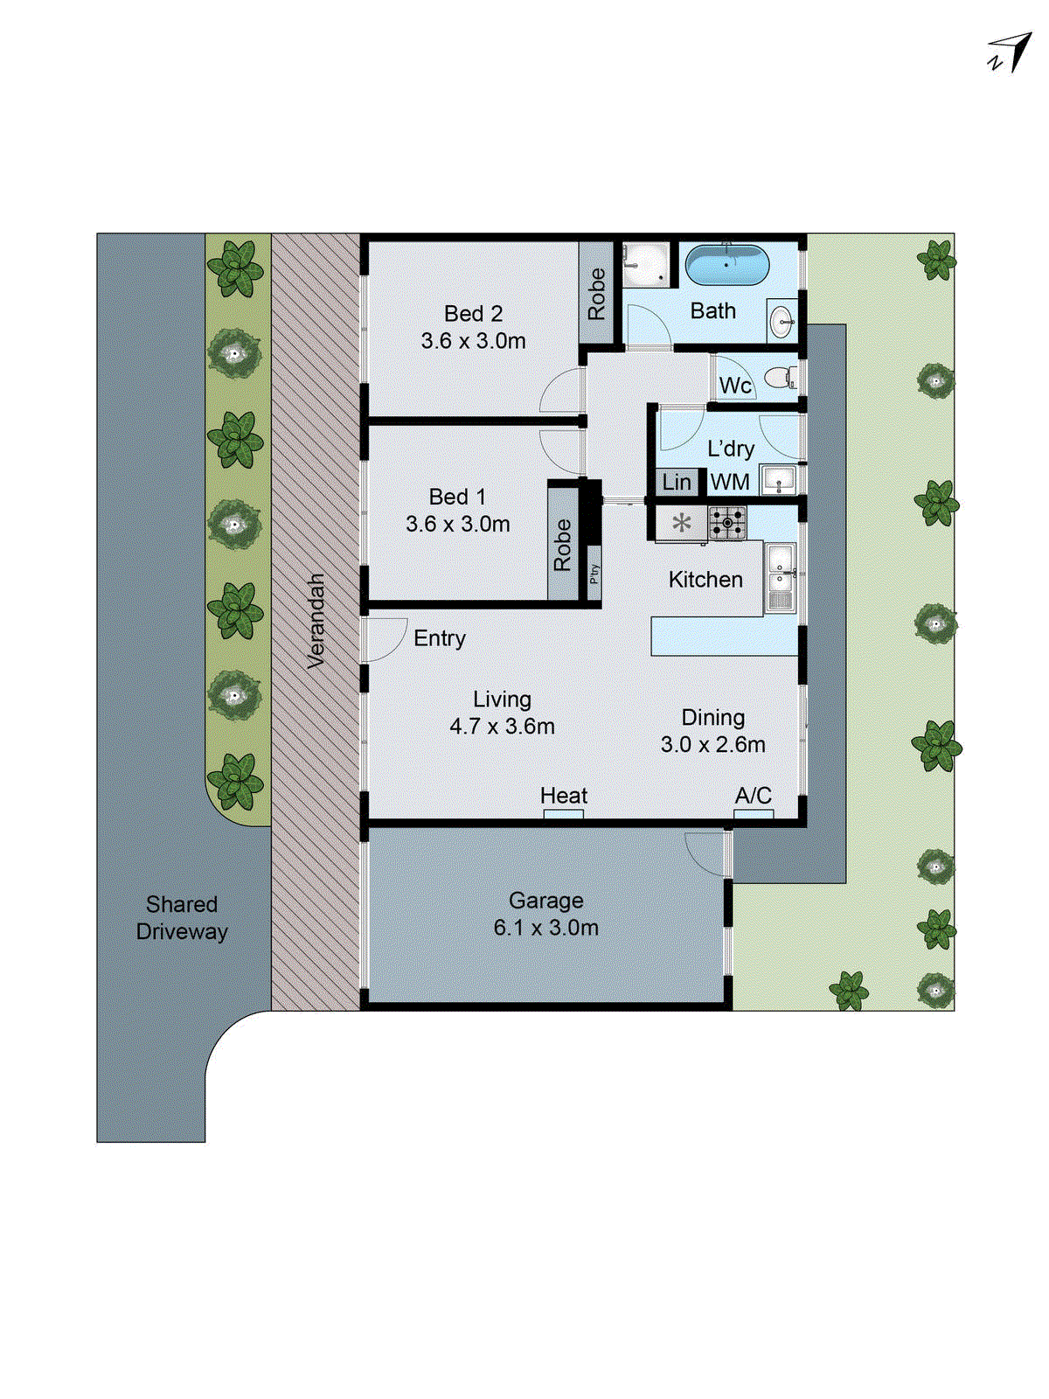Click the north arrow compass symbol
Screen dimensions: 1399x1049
[x=1011, y=52]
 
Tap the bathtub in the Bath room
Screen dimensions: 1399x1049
[x=727, y=264]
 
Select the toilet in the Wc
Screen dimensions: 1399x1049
[x=778, y=379]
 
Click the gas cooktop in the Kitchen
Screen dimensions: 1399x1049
[x=727, y=524]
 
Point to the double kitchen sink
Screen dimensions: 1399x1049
[x=780, y=577]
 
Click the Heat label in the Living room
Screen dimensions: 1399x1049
[x=564, y=796]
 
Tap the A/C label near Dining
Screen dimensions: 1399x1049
[x=753, y=796]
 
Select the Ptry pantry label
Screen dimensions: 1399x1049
[x=594, y=574]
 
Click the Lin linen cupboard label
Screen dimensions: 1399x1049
[x=677, y=482]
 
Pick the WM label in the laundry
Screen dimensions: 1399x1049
[x=730, y=482]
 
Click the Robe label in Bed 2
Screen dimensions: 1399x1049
[x=597, y=294]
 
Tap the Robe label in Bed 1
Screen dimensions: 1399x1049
[x=563, y=546]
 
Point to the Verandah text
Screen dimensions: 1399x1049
[x=316, y=621]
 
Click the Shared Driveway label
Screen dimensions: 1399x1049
[x=182, y=917]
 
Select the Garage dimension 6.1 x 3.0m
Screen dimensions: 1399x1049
[x=546, y=928]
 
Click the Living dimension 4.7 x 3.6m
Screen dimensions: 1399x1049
[x=502, y=726]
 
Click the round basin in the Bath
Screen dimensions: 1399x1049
[x=782, y=322]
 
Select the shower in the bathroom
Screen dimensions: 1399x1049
[x=647, y=264]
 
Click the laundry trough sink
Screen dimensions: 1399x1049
[x=778, y=479]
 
